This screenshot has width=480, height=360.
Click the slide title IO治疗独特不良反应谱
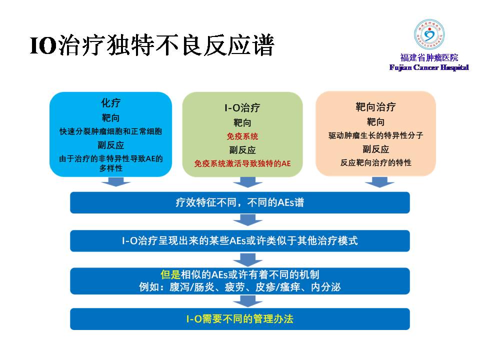pos(152,45)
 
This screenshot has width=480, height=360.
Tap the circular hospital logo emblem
pos(429,34)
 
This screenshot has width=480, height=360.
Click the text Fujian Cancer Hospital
pos(429,67)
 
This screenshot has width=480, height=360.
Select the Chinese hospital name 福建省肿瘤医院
pos(429,57)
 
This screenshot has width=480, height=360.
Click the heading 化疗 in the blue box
pos(111,102)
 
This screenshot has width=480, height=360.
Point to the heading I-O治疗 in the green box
pos(242,108)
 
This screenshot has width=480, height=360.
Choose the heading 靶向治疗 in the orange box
pos(375,107)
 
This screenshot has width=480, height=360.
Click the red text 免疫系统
pos(242,136)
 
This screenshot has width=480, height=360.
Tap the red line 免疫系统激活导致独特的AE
pos(242,163)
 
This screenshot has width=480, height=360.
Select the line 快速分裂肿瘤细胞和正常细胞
pos(110,131)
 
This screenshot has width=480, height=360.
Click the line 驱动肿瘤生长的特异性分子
pos(375,135)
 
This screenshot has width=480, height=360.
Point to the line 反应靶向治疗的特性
pos(375,162)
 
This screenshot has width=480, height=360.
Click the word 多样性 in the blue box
pos(111,168)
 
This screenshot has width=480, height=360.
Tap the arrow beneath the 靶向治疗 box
pos(379,182)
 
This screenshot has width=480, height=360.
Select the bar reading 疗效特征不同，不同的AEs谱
pos(240,202)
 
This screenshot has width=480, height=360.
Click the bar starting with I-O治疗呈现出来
pos(240,241)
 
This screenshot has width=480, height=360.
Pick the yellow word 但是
pos(170,274)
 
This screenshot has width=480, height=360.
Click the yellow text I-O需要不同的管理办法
pos(240,319)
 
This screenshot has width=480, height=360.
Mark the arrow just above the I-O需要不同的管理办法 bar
pos(247,301)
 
